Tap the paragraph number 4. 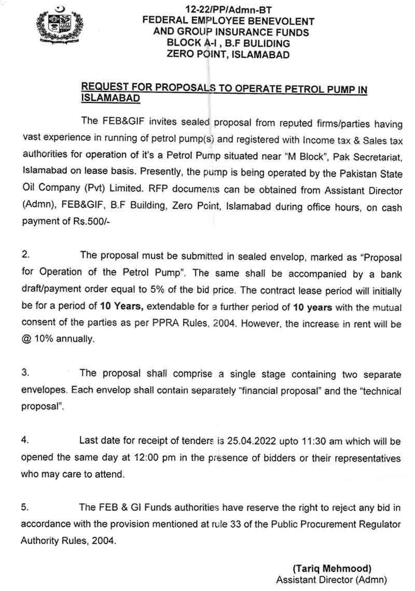pos(24,441)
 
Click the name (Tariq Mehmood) pos(332,569)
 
